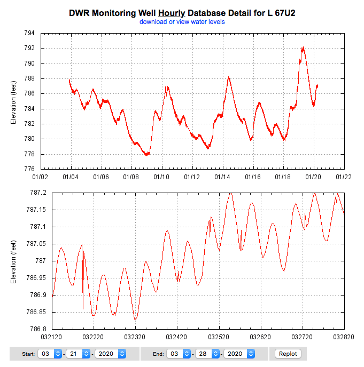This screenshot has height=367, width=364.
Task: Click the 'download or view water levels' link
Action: click(182, 22)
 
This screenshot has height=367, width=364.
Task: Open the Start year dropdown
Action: click(110, 354)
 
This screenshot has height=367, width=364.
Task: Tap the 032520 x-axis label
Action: click(219, 337)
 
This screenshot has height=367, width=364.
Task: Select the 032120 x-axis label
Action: click(52, 337)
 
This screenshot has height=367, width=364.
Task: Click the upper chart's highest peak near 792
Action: click(303, 47)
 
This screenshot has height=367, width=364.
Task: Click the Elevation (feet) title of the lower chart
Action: click(14, 261)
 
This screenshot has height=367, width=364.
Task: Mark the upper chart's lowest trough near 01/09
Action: click(146, 155)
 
